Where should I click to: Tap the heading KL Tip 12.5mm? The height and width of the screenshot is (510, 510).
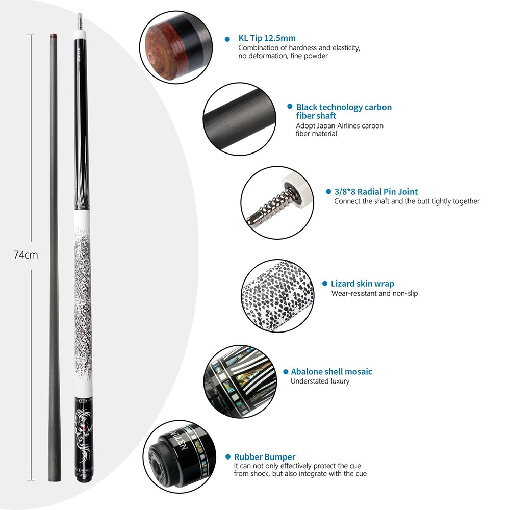coord(267,38)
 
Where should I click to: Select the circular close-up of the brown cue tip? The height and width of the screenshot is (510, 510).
coord(173,46)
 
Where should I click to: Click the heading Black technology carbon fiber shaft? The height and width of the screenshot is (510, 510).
coord(344,111)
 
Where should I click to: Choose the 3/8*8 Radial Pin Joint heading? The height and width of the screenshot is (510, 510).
coord(376,192)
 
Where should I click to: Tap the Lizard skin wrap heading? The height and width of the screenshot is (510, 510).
coord(362,284)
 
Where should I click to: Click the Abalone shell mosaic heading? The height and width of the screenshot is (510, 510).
coord(331,372)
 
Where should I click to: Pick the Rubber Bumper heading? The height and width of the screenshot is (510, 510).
coord(265,457)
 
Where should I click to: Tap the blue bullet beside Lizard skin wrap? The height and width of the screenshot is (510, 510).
coord(325,284)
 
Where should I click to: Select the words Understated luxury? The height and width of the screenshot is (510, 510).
coord(320,381)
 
